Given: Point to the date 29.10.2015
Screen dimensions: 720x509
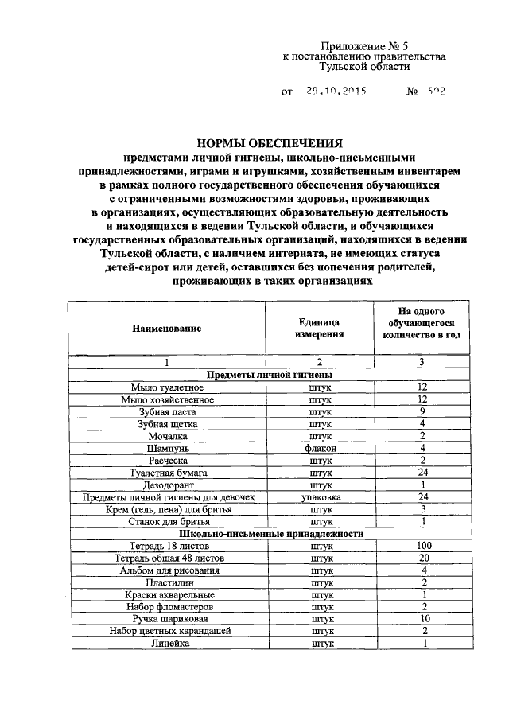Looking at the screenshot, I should click(335, 91).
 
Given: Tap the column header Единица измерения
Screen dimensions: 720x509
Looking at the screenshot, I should click(321, 328).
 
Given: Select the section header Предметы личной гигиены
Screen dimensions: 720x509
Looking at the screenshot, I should click(269, 374).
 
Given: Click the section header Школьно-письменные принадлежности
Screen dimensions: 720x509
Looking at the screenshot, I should click(271, 534).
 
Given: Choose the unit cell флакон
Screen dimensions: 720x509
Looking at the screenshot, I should click(321, 448).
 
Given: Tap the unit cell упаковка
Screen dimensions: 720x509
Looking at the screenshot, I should click(321, 497).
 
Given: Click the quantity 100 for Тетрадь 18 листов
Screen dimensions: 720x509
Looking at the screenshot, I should click(424, 546).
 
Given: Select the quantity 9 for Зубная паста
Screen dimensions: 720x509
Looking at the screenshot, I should click(424, 411).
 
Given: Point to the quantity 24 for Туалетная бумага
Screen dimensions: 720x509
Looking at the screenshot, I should click(424, 473).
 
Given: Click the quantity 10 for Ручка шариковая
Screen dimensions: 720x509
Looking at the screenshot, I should click(424, 619).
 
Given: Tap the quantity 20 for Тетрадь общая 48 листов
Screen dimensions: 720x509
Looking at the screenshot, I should click(424, 558).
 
